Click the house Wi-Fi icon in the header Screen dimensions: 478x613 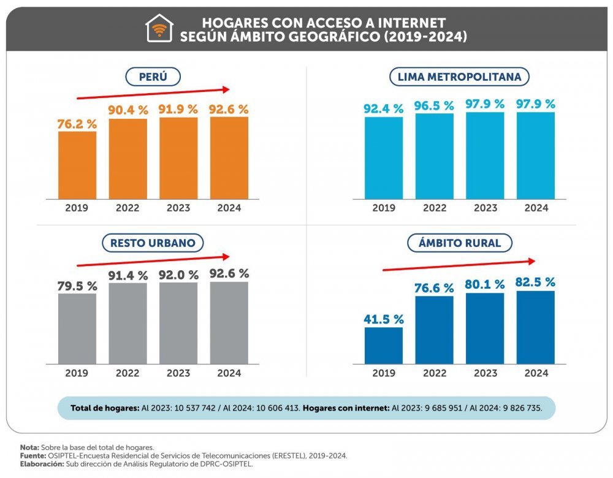point(159,29)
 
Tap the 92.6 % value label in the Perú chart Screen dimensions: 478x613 point(230,110)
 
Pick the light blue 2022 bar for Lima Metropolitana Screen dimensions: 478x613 point(435,156)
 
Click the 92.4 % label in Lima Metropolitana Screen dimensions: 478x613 point(384,109)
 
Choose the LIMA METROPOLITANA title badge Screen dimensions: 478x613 point(460,77)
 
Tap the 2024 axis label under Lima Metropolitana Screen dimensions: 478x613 point(536,208)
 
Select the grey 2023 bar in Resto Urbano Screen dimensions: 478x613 point(179,323)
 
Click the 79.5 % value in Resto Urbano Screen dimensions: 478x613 point(77,286)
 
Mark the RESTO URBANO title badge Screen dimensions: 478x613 point(153,243)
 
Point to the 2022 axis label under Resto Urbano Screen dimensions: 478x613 point(128,373)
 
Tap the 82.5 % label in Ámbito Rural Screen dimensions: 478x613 point(536,283)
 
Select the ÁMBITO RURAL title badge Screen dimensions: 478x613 point(460,243)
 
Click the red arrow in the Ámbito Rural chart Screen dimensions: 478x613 point(460,264)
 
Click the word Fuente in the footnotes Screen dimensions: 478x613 point(33,456)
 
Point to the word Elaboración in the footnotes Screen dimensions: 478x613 point(42,464)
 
